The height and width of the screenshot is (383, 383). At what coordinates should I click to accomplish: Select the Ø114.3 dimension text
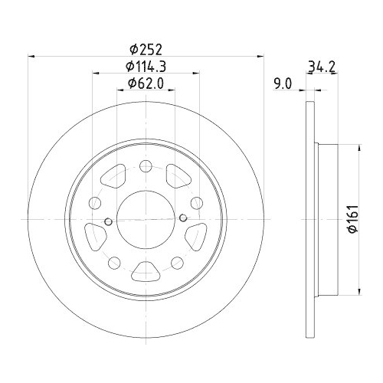[x=146, y=66]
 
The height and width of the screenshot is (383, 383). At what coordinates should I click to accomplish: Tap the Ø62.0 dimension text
[x=146, y=83]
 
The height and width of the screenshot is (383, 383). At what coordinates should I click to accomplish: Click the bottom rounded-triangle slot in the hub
[x=146, y=270]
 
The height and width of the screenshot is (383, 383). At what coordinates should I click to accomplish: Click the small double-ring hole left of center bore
[x=108, y=222]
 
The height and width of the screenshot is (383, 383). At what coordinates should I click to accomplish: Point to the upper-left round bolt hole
[x=94, y=202]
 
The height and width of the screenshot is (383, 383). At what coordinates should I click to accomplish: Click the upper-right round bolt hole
[x=197, y=202]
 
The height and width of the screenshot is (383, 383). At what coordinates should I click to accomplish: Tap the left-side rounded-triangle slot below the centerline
[x=97, y=232]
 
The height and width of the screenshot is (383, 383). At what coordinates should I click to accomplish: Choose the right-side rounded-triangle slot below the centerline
[x=194, y=232]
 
